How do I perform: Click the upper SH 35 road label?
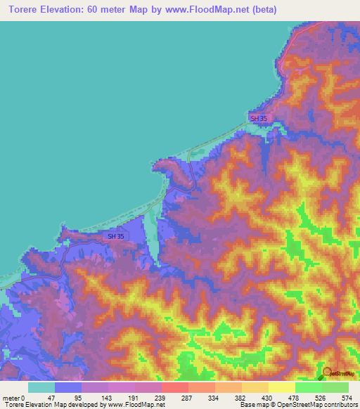tap(259, 119)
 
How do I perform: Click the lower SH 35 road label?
tap(116, 238)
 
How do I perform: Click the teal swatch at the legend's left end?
tap(41, 387)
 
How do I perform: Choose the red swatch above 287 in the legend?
tap(174, 387)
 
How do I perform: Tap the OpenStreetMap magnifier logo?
tap(327, 372)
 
